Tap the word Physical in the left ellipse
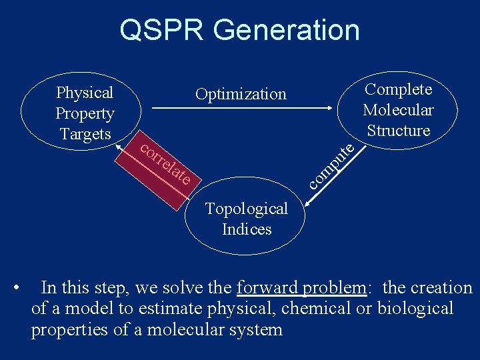(85, 93)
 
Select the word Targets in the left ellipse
(85, 134)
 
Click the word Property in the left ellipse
(85, 113)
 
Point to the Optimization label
(241, 95)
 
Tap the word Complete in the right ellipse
(399, 89)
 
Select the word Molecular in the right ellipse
(398, 110)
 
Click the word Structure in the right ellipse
(399, 131)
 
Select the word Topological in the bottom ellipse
(247, 209)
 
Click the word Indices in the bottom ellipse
(247, 229)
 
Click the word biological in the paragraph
(415, 309)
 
